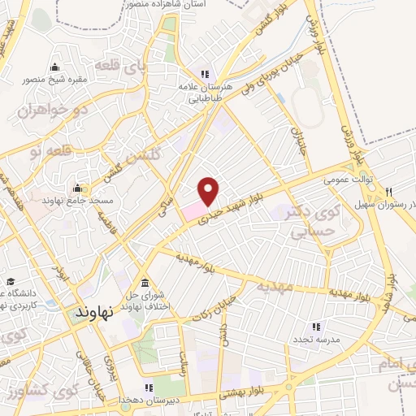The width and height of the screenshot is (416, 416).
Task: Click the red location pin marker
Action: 209,190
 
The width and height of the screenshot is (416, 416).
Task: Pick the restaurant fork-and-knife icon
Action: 389,193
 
